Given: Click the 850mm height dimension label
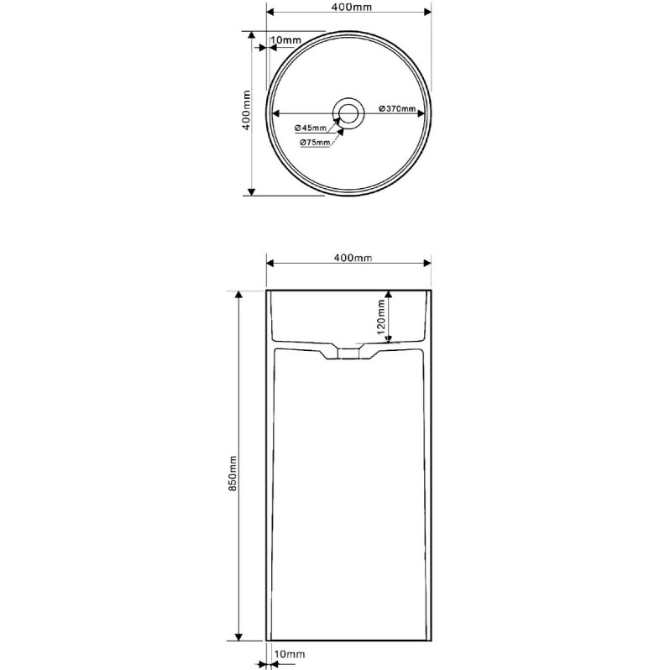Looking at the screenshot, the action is tap(233, 474).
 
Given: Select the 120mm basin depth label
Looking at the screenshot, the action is tap(380, 317).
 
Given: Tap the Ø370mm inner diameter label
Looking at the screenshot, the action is tap(397, 108).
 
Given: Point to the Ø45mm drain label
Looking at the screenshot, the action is tap(310, 128).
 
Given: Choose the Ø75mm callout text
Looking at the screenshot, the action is tap(315, 142).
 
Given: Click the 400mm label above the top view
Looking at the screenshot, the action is tap(352, 7).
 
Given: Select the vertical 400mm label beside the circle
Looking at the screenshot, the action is tap(246, 110).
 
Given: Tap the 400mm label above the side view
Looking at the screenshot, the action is tap(353, 258).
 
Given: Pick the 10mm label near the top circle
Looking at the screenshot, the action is tap(285, 39).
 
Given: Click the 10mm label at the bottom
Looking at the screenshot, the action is tap(290, 654).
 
